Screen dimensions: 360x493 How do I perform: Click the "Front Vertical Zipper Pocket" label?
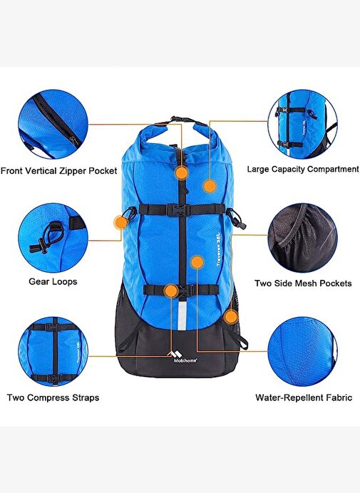tap(59, 171)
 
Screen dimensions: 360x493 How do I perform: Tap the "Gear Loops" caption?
tap(53, 281)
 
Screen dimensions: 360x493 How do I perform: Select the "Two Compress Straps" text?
tap(53, 398)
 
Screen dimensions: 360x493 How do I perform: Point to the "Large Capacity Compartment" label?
tap(303, 169)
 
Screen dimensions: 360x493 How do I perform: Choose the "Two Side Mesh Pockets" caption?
tap(303, 284)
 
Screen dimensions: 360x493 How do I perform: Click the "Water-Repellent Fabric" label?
tap(304, 398)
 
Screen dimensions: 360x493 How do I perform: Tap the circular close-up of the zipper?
tap(53, 125)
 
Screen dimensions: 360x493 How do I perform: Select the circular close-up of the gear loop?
tap(53, 238)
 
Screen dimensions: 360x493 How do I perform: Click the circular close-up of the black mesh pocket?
tap(302, 238)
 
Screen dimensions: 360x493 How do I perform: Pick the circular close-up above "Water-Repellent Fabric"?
tap(302, 351)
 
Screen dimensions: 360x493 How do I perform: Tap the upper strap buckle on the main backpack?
tap(178, 209)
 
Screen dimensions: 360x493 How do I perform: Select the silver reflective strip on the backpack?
tap(182, 316)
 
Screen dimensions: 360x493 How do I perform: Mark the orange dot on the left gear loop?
tap(121, 222)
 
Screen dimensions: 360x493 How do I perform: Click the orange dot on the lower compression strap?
tap(171, 291)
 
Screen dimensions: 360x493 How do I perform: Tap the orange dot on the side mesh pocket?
tap(231, 317)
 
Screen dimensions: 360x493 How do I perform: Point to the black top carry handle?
tap(181, 120)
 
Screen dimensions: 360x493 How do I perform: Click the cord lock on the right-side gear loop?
tap(242, 224)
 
